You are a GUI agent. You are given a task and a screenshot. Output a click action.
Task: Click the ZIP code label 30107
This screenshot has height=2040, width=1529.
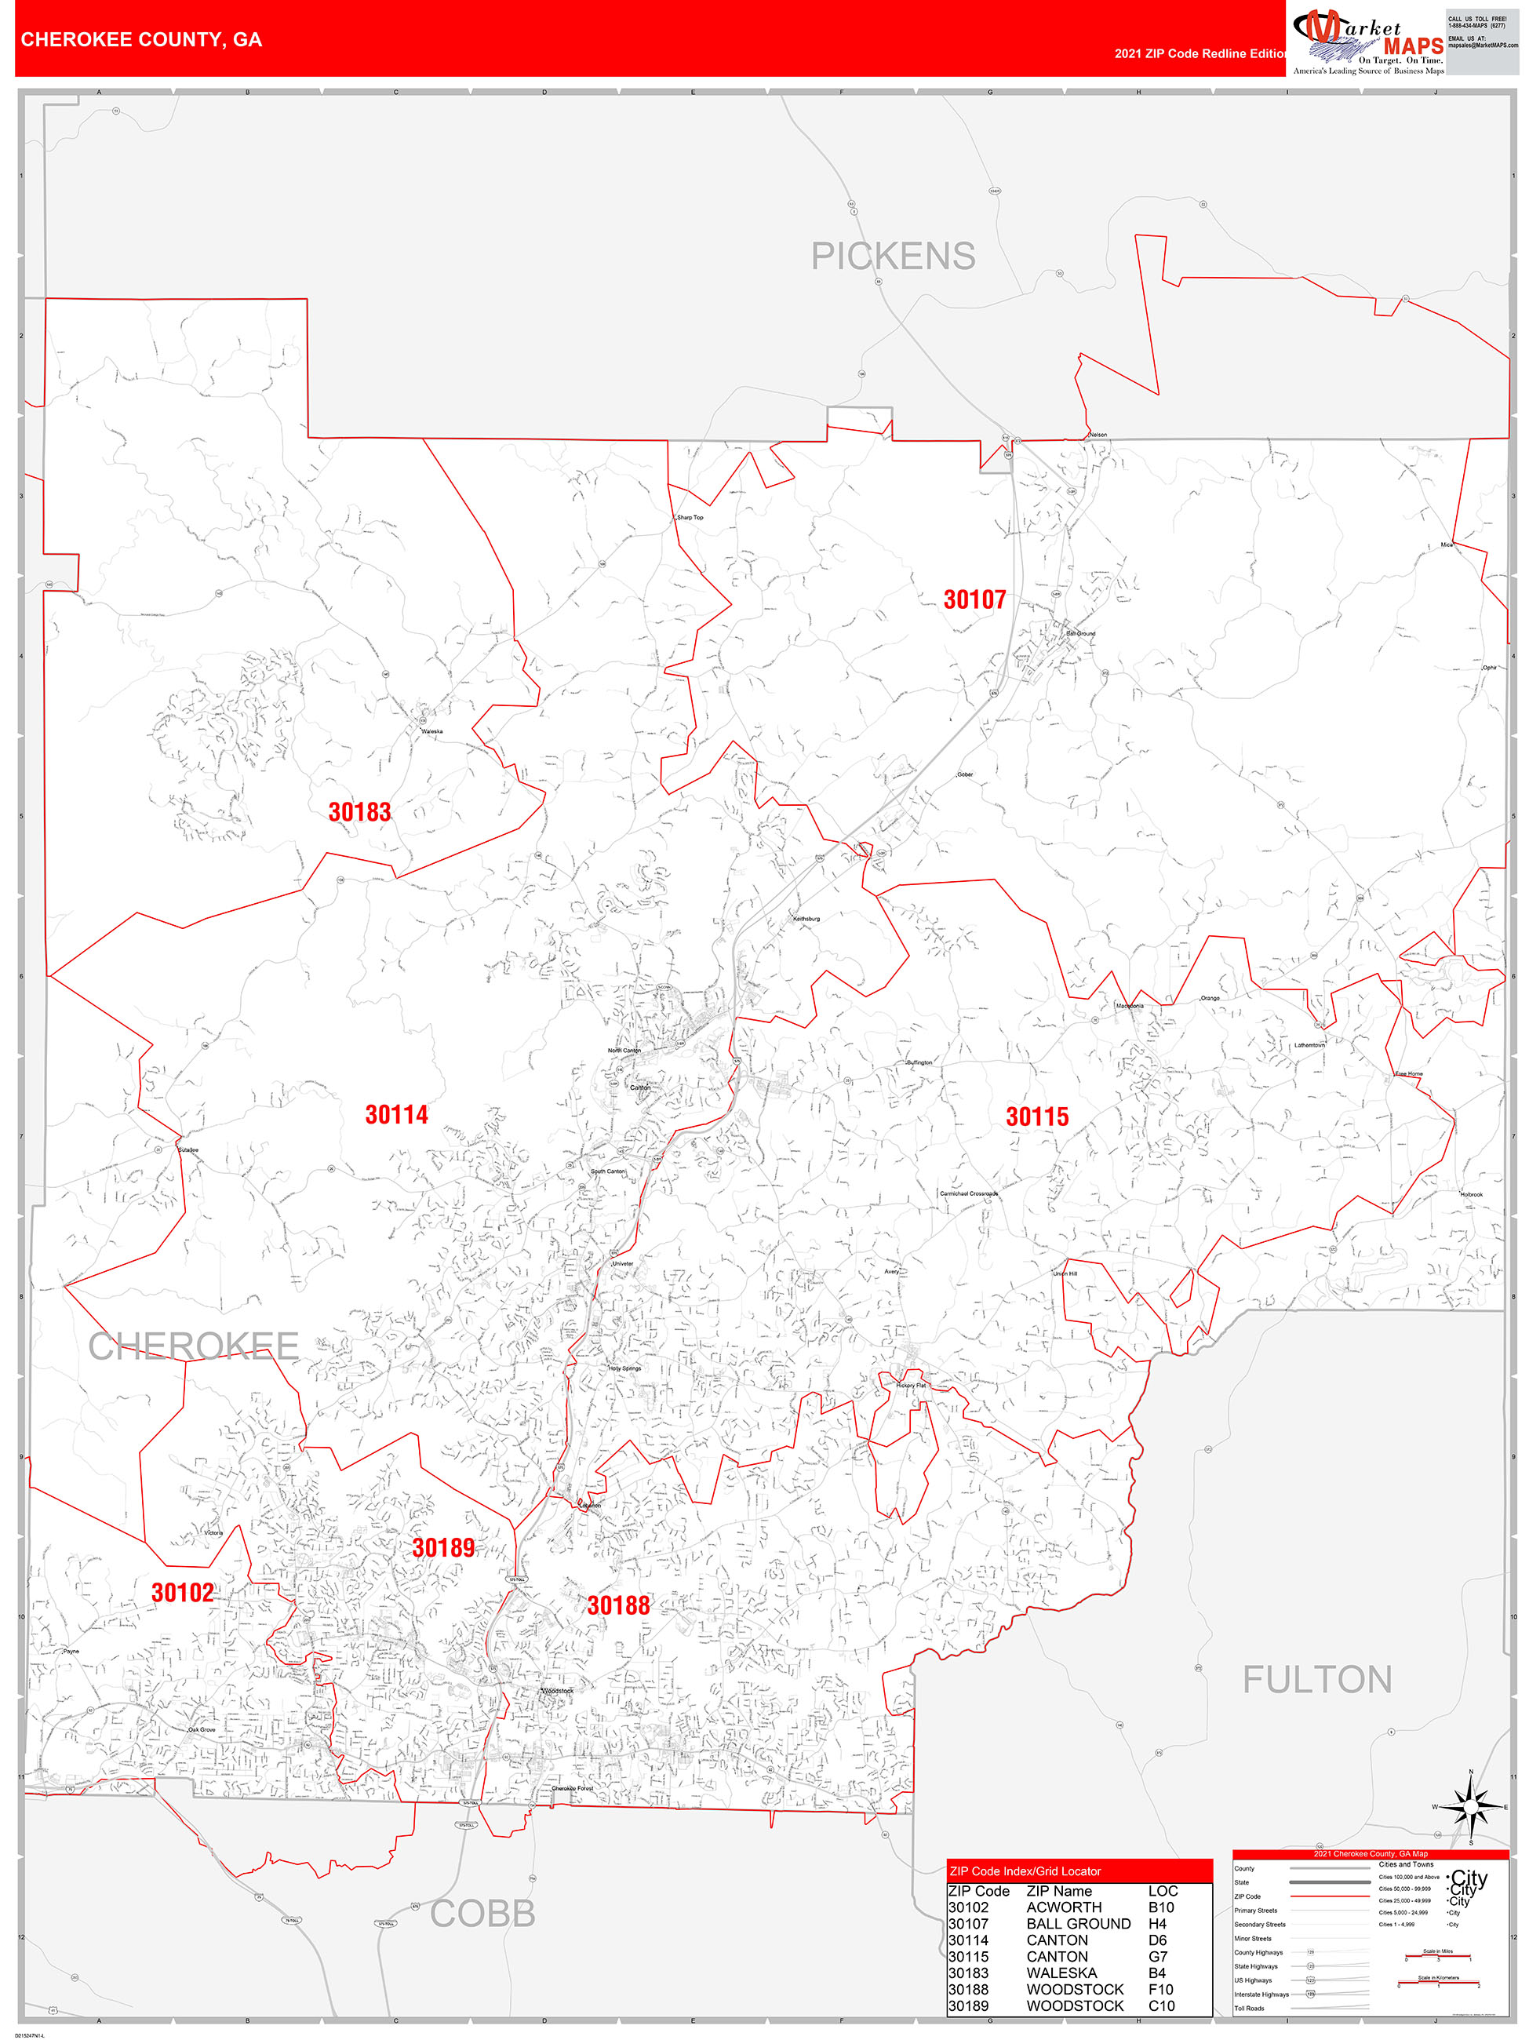974,600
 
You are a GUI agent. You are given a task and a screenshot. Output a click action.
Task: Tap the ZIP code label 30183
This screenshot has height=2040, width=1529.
359,813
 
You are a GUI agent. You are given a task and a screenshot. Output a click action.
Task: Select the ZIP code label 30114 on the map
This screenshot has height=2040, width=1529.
396,1115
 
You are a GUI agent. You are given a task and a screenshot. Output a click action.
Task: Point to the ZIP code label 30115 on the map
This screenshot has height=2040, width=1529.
1036,1117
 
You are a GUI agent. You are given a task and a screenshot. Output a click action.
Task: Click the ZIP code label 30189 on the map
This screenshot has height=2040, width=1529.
443,1547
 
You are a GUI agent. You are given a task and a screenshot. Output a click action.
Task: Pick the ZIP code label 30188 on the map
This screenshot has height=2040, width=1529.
618,1605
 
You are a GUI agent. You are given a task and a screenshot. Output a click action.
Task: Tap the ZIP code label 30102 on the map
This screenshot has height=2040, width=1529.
183,1593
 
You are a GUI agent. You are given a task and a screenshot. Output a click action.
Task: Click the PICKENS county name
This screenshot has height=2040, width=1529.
893,257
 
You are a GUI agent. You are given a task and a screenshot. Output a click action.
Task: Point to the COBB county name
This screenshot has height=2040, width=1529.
482,1914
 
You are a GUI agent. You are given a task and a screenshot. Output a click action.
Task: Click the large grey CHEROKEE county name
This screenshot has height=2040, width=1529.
194,1346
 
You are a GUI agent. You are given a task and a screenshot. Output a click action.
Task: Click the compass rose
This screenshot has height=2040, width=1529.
1470,1805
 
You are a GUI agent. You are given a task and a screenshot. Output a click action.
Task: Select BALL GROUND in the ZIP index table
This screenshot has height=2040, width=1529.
1078,1923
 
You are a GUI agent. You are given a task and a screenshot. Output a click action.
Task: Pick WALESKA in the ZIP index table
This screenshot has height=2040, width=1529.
1061,1972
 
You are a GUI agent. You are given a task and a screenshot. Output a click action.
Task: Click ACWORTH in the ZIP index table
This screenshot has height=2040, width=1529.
1063,1907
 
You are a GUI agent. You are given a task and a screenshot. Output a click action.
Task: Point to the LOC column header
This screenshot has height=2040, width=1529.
1162,1891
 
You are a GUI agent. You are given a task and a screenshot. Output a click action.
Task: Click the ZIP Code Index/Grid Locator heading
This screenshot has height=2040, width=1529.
1025,1871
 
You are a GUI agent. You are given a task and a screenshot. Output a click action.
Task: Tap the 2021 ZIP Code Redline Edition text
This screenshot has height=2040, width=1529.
1199,53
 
